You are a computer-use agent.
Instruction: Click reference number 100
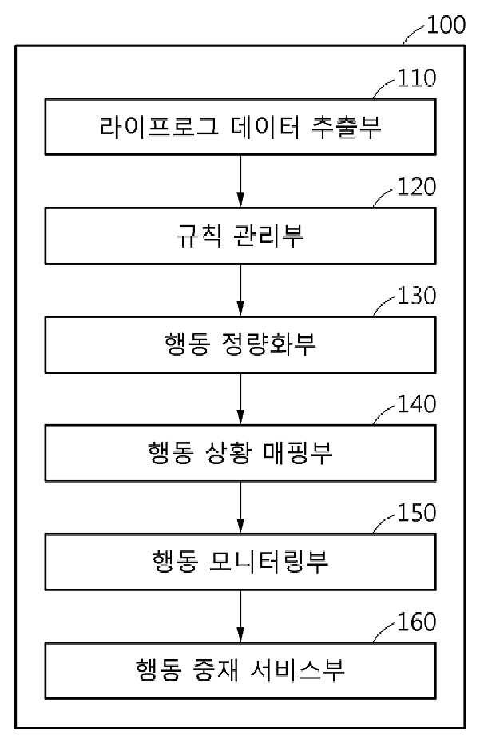pyautogui.click(x=446, y=25)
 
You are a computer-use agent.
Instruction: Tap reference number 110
pyautogui.click(x=416, y=78)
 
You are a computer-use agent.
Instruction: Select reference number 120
pyautogui.click(x=416, y=187)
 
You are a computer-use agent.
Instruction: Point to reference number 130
pyautogui.click(x=416, y=296)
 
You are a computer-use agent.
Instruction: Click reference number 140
pyautogui.click(x=416, y=404)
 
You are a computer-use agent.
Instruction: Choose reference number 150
pyautogui.click(x=416, y=513)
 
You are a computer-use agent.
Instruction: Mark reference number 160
pyautogui.click(x=416, y=622)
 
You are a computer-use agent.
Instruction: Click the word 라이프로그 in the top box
pyautogui.click(x=159, y=127)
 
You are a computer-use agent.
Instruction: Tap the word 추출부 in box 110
pyautogui.click(x=347, y=127)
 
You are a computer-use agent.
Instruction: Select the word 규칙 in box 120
pyautogui.click(x=199, y=236)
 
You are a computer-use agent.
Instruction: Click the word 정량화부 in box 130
pyautogui.click(x=268, y=344)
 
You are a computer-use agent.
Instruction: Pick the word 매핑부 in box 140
pyautogui.click(x=298, y=452)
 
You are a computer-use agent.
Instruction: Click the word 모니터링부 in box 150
pyautogui.click(x=268, y=562)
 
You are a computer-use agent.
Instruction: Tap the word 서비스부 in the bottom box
pyautogui.click(x=297, y=670)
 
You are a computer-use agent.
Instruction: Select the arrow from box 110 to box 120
pyautogui.click(x=240, y=181)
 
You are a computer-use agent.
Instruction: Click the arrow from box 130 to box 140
pyautogui.click(x=240, y=399)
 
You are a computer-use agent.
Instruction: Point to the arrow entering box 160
pyautogui.click(x=240, y=616)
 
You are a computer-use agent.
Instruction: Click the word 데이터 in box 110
pyautogui.click(x=265, y=127)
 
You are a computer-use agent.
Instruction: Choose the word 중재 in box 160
pyautogui.click(x=216, y=670)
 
